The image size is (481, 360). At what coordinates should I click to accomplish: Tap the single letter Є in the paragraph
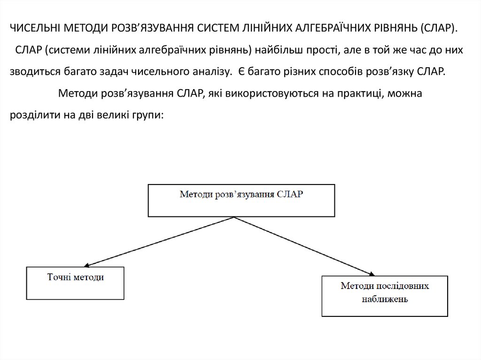tap(240, 72)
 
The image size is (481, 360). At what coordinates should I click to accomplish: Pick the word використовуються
tap(278, 93)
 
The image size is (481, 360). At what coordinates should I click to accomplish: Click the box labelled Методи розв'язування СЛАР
tap(242, 200)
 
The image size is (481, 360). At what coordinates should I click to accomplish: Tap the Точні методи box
tap(76, 283)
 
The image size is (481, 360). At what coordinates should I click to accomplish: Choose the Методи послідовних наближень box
tap(385, 296)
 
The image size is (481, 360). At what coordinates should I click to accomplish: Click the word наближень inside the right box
tap(384, 299)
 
